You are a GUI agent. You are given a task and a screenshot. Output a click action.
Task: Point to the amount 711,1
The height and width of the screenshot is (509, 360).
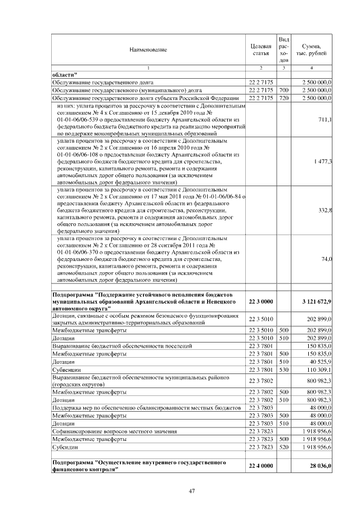coord(325,120)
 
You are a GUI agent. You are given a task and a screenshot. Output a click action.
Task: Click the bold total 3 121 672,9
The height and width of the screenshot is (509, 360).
coord(316,302)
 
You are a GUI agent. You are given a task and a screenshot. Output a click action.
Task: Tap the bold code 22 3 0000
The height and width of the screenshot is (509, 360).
coord(260,302)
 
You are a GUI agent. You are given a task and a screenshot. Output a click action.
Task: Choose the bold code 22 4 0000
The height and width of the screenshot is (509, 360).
coord(260,466)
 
